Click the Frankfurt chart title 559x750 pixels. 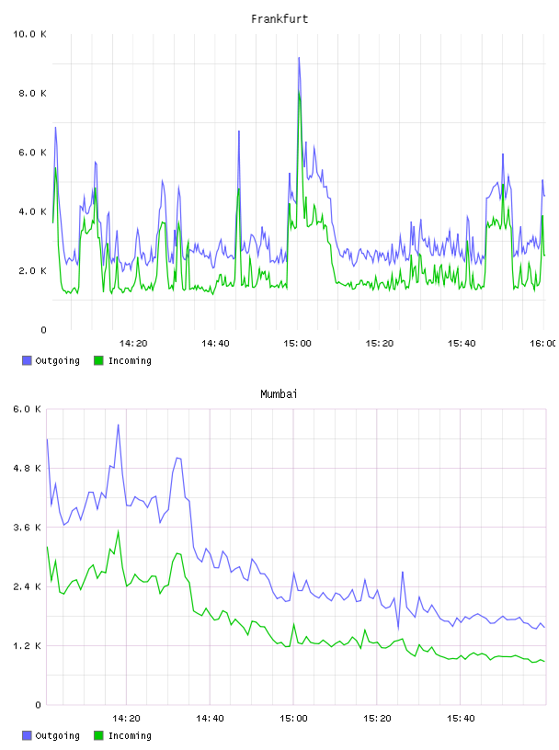tap(279, 19)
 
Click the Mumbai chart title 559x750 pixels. tap(279, 394)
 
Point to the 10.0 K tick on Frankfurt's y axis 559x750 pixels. tap(29, 34)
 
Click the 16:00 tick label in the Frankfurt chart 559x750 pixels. tap(542, 344)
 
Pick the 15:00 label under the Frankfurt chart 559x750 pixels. tap(297, 344)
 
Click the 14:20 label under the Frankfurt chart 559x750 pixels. tap(133, 344)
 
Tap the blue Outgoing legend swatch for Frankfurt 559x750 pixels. tap(27, 360)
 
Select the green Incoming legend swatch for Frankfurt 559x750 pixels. tap(98, 360)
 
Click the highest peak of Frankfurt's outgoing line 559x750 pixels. tap(299, 58)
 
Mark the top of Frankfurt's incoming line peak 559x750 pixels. tap(300, 91)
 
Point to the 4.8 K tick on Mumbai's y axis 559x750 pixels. tap(28, 468)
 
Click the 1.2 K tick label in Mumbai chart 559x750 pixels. tap(28, 646)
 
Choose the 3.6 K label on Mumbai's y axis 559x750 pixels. tap(28, 528)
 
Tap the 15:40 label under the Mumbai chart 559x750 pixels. tap(461, 719)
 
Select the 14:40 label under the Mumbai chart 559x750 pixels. tap(211, 719)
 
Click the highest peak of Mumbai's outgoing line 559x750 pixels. tap(119, 425)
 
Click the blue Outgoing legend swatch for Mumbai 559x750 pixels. tap(27, 735)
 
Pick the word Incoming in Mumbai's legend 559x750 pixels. tap(130, 736)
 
